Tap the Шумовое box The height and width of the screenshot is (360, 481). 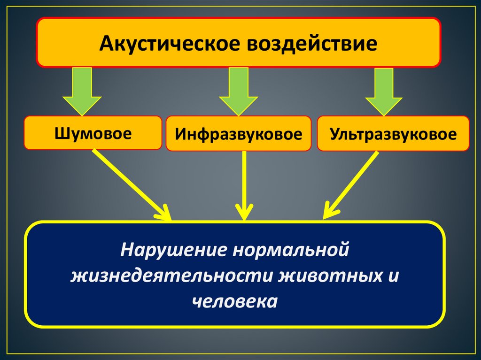pyautogui.click(x=93, y=133)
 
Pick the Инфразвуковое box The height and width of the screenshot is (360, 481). pyautogui.click(x=238, y=134)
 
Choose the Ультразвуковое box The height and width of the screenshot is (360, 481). pyautogui.click(x=393, y=134)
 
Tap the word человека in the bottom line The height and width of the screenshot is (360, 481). pyautogui.click(x=235, y=300)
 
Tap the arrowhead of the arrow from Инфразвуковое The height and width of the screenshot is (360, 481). pyautogui.click(x=243, y=214)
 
